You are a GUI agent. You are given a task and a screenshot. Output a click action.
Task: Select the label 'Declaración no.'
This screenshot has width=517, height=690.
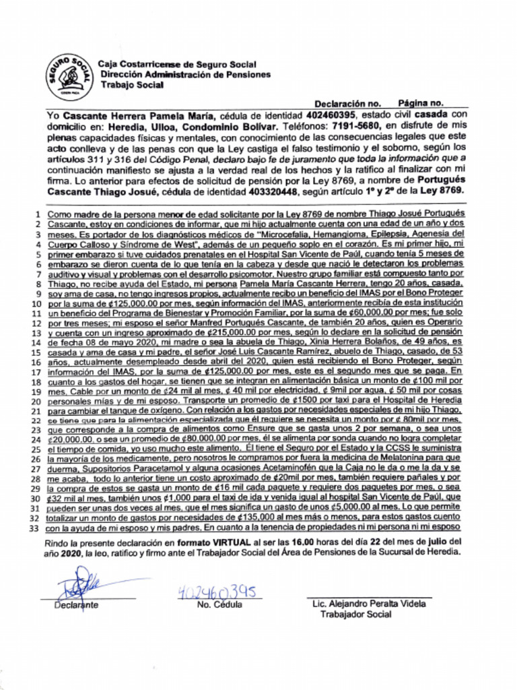click(347, 104)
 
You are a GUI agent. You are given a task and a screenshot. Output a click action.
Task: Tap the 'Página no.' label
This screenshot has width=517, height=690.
click(420, 103)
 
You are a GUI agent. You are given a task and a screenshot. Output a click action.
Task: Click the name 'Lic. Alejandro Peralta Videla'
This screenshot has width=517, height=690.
click(369, 604)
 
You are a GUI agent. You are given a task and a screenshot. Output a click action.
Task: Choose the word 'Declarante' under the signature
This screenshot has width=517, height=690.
click(76, 605)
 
